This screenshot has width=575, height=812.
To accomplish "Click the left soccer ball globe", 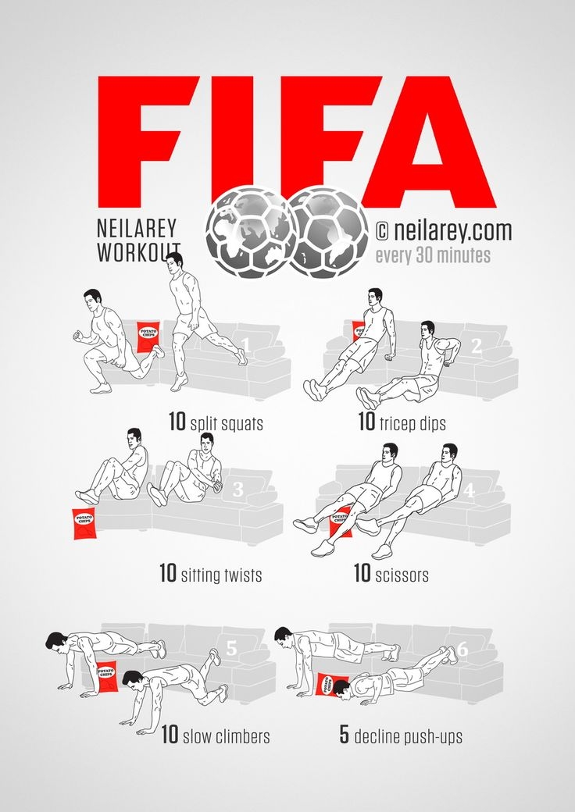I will point(251,233).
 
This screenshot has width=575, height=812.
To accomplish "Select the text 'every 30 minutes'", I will point(433,255).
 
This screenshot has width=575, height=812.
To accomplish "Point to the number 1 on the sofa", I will point(245,344).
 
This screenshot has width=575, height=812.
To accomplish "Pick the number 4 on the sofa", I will point(469,491).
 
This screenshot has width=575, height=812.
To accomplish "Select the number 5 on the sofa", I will point(230,648).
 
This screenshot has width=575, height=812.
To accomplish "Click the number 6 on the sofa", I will point(462,647).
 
